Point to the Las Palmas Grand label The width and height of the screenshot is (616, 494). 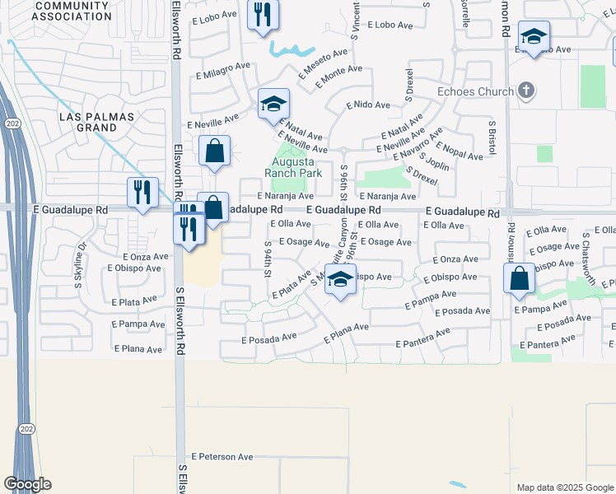pos(97,123)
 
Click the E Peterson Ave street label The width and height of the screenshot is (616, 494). pos(222,456)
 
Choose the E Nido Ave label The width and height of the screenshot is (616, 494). pos(368,105)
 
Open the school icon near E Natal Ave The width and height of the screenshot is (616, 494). pos(273,105)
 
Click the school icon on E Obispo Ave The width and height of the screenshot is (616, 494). pos(339,280)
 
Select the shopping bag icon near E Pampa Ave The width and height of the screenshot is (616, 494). pos(520,280)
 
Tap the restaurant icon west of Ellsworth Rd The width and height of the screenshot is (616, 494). pos(142,193)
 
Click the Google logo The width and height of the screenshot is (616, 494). pos(27,484)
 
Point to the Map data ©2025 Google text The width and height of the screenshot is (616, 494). pos(563,487)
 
